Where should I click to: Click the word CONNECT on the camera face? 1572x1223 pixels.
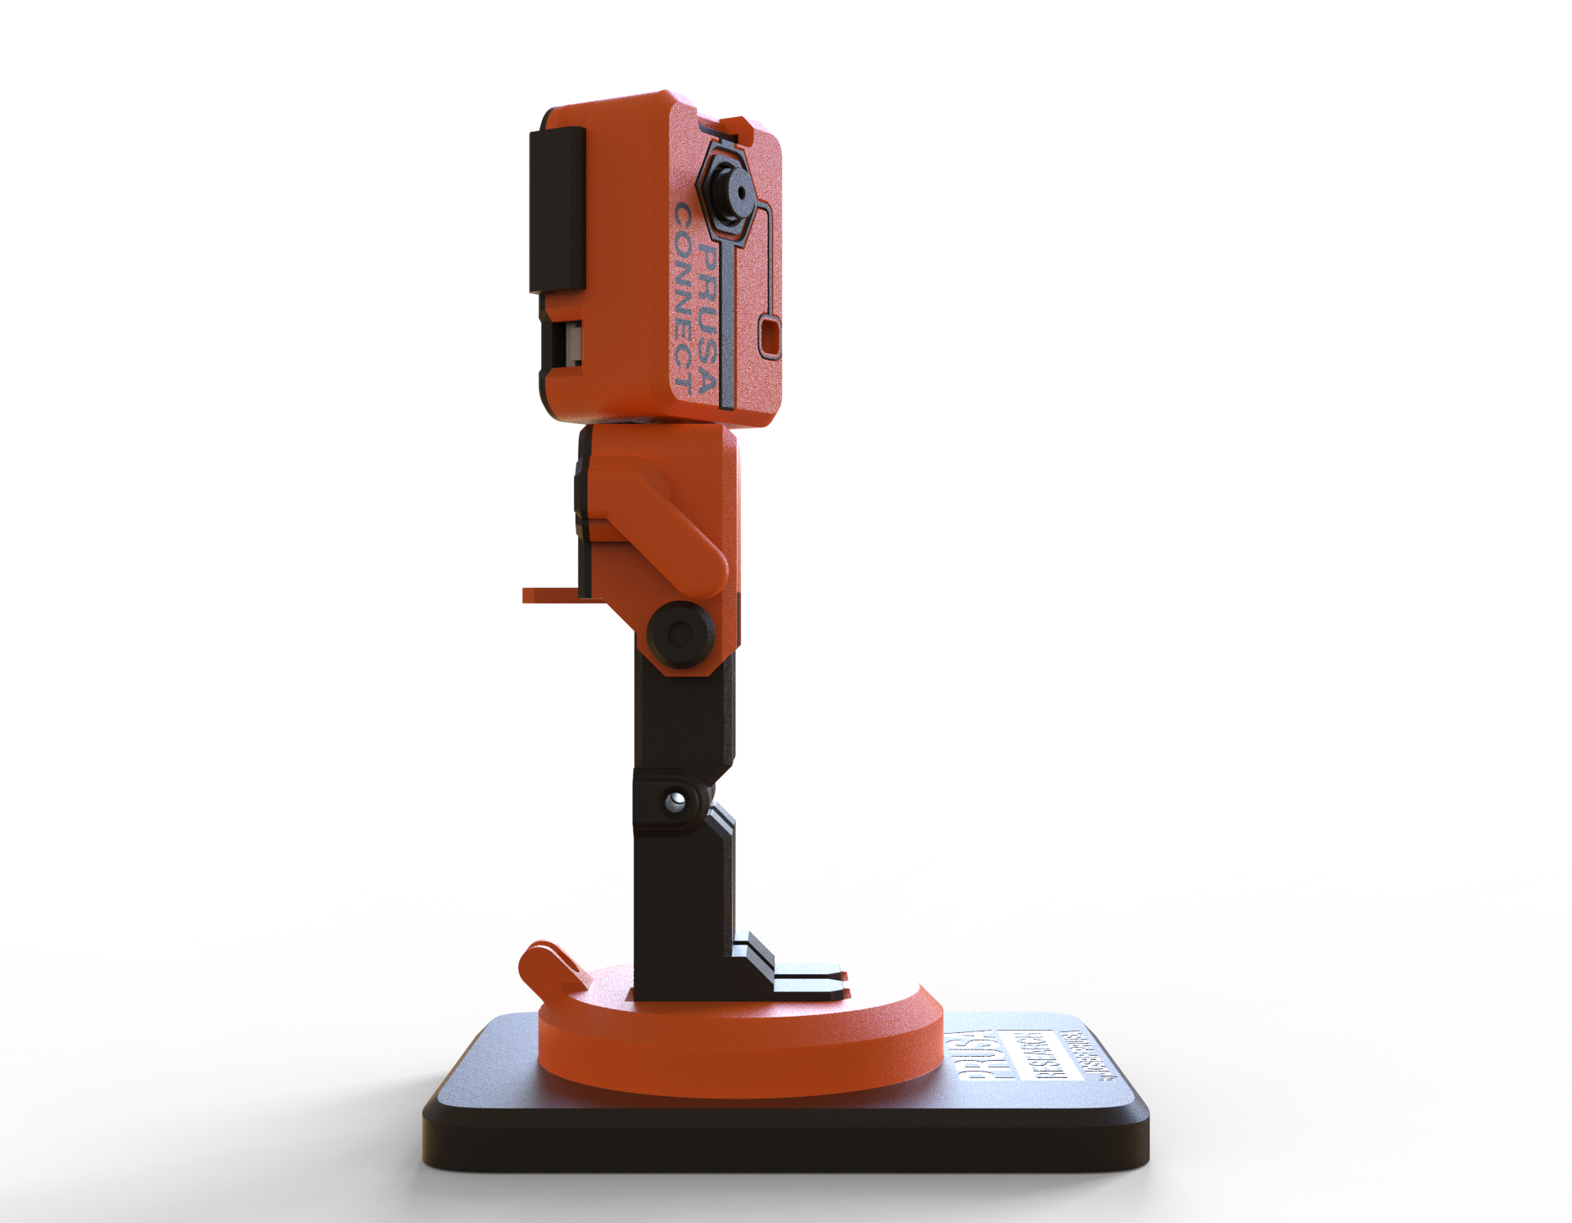683,299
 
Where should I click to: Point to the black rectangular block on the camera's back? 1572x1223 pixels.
557,210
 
